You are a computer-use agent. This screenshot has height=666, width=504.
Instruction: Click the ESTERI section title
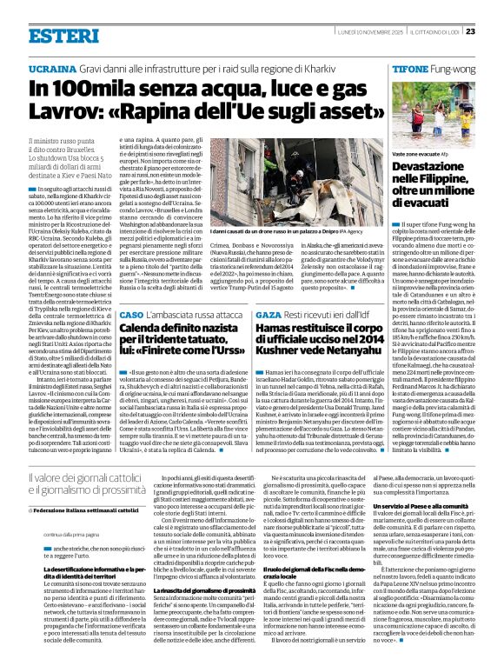[63, 36]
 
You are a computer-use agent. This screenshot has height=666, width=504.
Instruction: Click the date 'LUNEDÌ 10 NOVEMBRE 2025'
[359, 31]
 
